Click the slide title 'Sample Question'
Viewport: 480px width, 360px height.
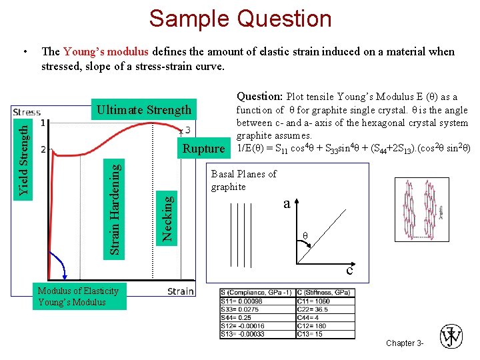coord(240,18)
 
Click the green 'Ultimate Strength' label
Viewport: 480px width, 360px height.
coord(144,110)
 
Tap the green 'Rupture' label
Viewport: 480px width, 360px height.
coord(204,149)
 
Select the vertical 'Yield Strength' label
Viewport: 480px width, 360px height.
coord(24,155)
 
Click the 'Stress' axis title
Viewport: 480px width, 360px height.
coord(27,112)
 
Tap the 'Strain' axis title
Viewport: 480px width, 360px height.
coord(181,291)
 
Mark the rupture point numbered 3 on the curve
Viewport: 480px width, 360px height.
coord(181,131)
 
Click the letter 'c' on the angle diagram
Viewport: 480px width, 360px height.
coord(349,270)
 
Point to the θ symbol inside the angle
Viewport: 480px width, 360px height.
coord(305,236)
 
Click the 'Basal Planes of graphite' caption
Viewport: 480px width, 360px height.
coord(243,180)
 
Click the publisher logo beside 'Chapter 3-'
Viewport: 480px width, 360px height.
coord(451,337)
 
